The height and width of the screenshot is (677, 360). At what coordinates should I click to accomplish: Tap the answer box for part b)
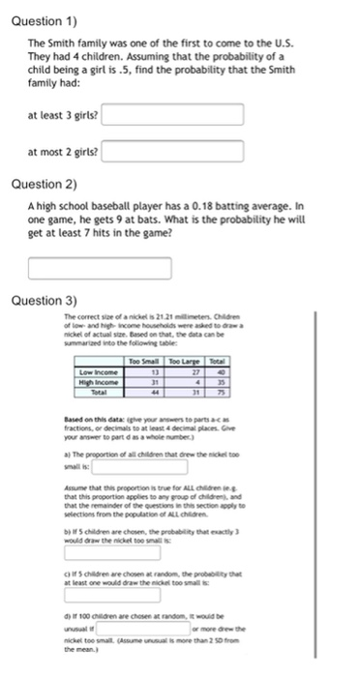[98, 555]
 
